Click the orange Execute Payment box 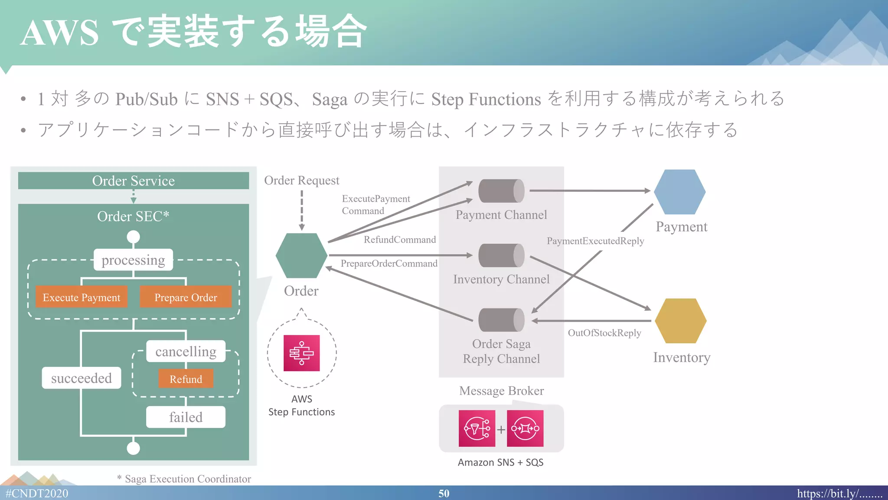pos(82,297)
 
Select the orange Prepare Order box pos(186,297)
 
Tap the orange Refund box pos(186,378)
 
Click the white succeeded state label pos(82,378)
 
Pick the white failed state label pos(186,417)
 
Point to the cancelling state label pos(186,351)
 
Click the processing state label pos(133,260)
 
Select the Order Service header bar pos(133,181)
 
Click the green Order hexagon pos(301,256)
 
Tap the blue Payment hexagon pos(679,191)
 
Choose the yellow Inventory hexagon pos(680,320)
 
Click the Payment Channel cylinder pos(501,191)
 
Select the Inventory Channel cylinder pos(501,255)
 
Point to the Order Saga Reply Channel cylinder pos(501,320)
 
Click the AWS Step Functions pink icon pos(301,353)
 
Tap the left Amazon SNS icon pos(477,428)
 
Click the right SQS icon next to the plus pos(525,428)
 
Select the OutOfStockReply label pos(604,333)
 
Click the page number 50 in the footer pos(444,493)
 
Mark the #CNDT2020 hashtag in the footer pos(37,493)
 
